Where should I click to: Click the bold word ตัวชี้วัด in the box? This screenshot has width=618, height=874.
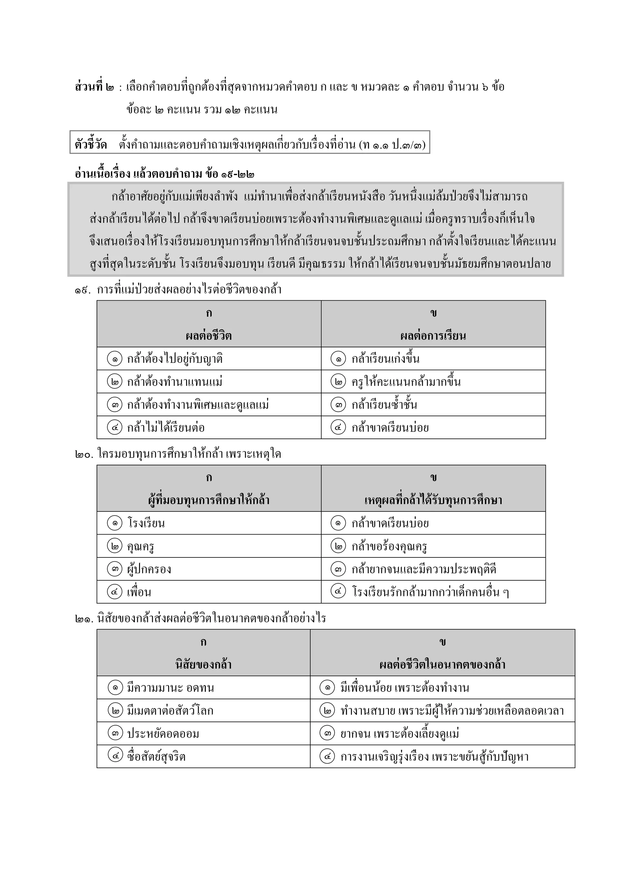tap(91, 145)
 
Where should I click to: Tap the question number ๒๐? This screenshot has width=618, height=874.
tap(83, 455)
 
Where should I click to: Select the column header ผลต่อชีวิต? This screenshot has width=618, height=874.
tap(209, 336)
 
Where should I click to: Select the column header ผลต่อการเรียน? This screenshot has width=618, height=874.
tap(433, 336)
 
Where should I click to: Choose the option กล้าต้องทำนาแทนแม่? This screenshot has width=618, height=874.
tap(175, 382)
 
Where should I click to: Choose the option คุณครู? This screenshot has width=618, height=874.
tap(140, 547)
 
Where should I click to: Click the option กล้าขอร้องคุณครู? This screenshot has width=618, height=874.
tap(389, 547)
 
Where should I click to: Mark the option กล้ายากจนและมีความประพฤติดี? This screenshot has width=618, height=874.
tap(424, 569)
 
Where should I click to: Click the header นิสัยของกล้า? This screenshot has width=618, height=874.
tap(203, 665)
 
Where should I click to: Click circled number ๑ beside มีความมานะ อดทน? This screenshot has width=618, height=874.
tap(115, 688)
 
